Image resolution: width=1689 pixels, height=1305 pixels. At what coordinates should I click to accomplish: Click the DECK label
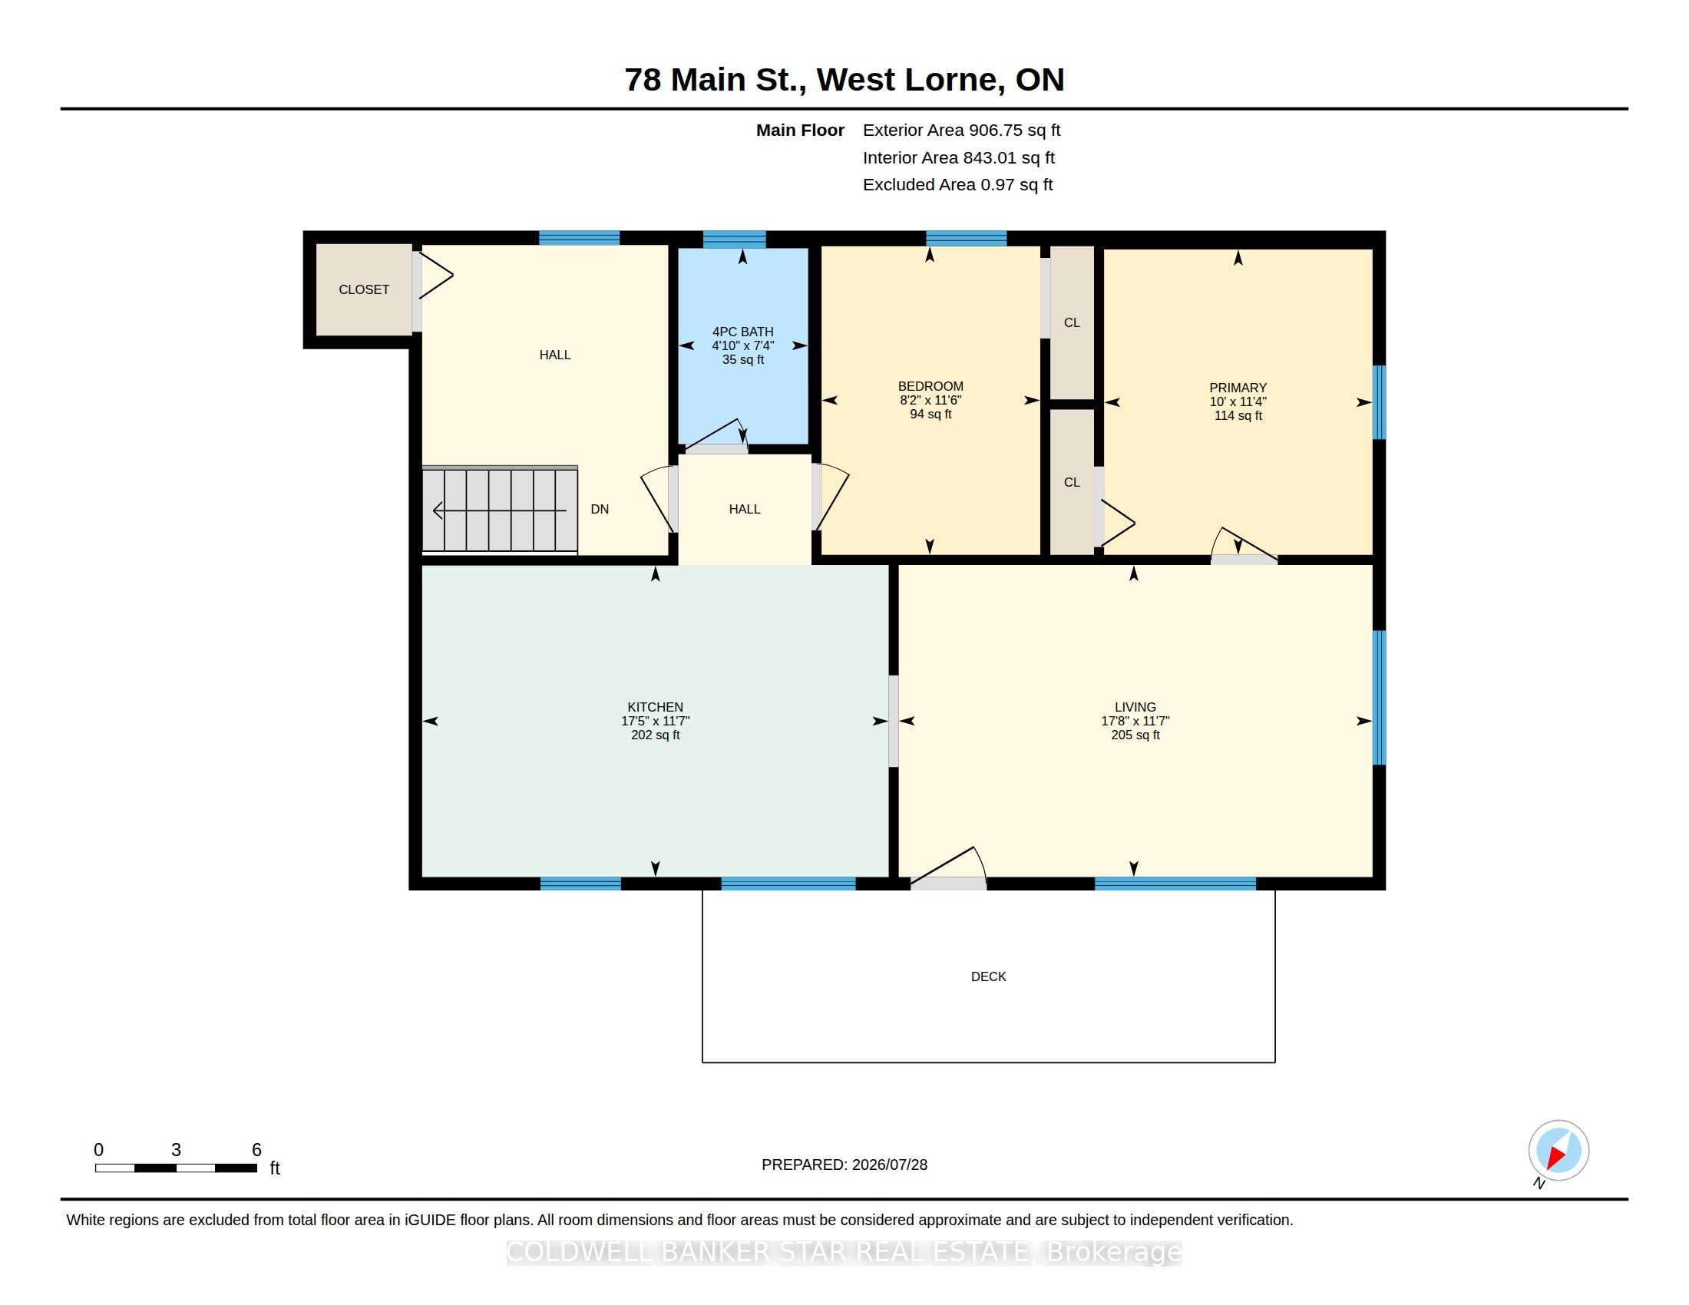point(988,976)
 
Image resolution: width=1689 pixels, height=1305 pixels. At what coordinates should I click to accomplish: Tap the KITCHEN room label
point(655,706)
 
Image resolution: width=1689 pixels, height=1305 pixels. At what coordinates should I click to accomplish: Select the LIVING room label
point(1135,706)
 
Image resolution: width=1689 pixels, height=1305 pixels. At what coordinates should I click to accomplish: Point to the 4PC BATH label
point(742,332)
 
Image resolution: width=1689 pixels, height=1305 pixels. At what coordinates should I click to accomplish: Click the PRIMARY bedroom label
point(1238,388)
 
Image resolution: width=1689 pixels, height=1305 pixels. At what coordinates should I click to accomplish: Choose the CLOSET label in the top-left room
point(363,289)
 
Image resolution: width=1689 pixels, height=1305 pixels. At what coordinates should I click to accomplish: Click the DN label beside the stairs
point(600,509)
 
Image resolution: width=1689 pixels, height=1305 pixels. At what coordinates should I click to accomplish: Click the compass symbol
point(1558,1150)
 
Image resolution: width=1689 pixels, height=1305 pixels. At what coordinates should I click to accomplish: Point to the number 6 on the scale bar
point(256,1150)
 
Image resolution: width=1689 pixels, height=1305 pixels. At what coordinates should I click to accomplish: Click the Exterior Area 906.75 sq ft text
point(961,130)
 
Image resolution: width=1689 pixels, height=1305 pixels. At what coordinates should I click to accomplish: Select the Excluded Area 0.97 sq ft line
point(957,184)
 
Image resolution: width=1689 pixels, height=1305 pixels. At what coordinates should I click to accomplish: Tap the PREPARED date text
point(844,1165)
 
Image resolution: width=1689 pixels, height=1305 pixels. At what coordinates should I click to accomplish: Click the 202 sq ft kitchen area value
point(655,735)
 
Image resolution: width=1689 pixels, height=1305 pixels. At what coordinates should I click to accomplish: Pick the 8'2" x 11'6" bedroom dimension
point(930,400)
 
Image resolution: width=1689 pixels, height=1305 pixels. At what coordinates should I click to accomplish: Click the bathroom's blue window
point(734,239)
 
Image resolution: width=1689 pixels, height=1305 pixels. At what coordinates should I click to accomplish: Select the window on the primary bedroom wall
point(1379,402)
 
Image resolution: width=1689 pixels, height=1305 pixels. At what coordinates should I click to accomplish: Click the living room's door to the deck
point(948,869)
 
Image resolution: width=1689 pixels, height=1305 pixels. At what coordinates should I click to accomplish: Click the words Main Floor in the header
point(800,130)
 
